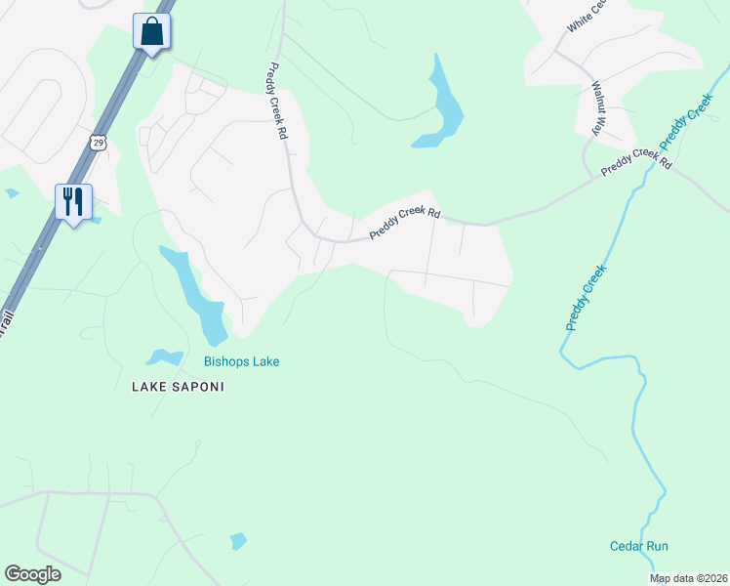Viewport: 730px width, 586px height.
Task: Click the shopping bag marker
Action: click(x=152, y=31)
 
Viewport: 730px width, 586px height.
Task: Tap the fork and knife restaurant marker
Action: click(x=73, y=202)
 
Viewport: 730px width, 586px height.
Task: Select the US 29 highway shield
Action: click(x=97, y=143)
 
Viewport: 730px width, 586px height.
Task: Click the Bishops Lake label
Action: click(x=241, y=362)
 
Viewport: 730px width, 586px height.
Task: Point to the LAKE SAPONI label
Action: click(x=178, y=387)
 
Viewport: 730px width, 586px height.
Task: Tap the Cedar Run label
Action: click(x=638, y=547)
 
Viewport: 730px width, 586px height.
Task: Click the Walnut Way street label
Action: click(x=596, y=101)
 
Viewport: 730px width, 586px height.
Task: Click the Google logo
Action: click(x=32, y=574)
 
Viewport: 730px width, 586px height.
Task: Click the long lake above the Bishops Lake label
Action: click(x=195, y=293)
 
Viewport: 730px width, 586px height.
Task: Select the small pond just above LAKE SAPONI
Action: click(x=163, y=358)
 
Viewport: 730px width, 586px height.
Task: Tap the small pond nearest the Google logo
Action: click(x=237, y=540)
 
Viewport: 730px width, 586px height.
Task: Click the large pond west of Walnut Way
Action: click(x=441, y=105)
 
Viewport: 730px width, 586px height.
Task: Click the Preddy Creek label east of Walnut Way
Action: click(x=687, y=123)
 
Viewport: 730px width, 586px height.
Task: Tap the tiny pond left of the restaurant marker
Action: click(x=12, y=193)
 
